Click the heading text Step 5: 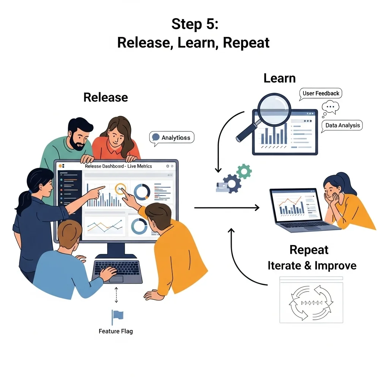194,24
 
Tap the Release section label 106,97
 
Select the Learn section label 279,79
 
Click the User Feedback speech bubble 321,93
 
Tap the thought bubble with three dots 330,107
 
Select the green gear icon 244,172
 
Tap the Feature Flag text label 116,331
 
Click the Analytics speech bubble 173,138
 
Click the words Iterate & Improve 312,266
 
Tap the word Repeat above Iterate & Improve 309,250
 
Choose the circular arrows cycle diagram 311,302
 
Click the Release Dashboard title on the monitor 118,166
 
